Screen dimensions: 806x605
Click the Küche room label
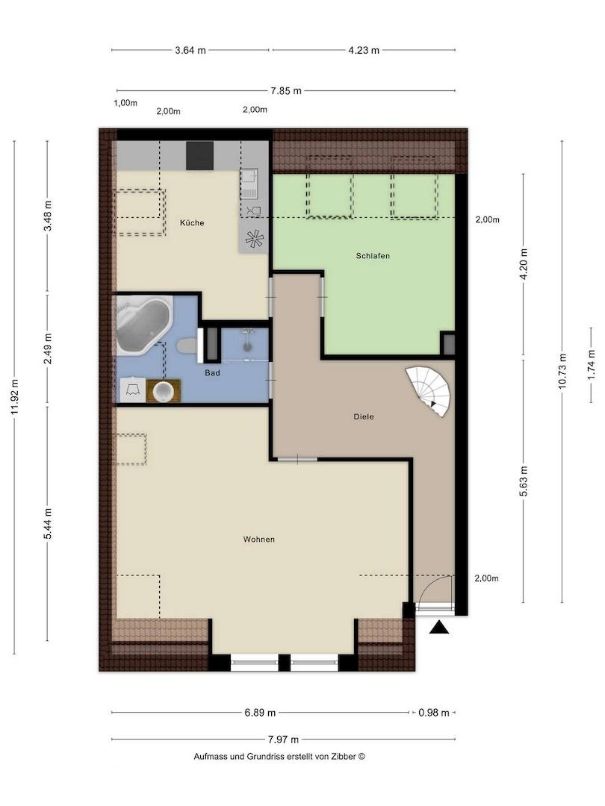coord(192,223)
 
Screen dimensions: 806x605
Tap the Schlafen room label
coord(373,256)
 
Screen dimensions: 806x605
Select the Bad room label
coord(212,372)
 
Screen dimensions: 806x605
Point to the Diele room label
coord(364,416)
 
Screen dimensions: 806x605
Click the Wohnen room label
coord(258,539)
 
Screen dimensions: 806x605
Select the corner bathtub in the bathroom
coord(142,324)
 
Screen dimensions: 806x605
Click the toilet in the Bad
coord(187,346)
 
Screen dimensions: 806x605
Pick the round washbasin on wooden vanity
coord(163,390)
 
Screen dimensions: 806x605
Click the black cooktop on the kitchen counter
coord(199,155)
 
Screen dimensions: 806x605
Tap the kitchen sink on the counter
coord(249,184)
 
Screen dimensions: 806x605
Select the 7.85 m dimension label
coord(286,91)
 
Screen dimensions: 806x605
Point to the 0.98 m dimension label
coord(434,713)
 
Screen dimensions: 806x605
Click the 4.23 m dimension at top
coord(364,50)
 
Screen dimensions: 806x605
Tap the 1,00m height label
coord(125,103)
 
